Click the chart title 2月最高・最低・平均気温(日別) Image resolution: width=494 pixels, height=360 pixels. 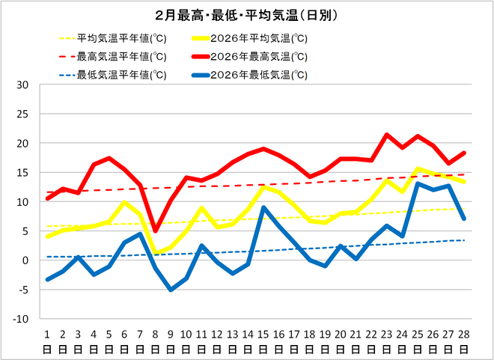coord(247,15)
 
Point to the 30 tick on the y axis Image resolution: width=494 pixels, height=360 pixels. coord(22,85)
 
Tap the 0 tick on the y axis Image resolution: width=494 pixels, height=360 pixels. coord(25,260)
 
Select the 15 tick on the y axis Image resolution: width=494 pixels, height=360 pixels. coord(22,173)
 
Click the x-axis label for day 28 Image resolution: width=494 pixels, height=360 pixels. coord(465,341)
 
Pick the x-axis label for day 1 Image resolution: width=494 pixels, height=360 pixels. coord(47,341)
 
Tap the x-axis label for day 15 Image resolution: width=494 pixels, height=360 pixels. coord(263,341)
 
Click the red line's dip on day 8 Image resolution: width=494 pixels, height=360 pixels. coord(155,231)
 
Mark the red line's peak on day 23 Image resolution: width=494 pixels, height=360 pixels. coord(387,135)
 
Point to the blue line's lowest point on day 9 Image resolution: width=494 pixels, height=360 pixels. coord(171,289)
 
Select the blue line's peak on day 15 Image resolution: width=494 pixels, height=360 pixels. coord(263,207)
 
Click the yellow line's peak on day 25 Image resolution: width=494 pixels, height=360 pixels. coord(418,169)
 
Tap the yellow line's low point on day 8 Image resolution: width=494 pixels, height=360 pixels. coord(155,253)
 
